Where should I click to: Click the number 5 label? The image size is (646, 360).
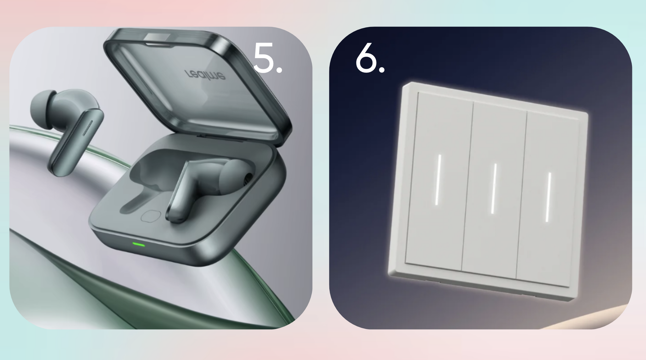click(x=267, y=59)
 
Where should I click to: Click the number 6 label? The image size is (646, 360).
click(x=370, y=59)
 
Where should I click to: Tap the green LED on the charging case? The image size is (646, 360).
click(x=138, y=244)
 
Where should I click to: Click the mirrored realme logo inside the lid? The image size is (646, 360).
click(x=205, y=75)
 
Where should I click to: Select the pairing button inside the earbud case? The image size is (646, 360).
click(x=150, y=216)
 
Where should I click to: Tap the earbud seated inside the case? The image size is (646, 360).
click(x=208, y=189)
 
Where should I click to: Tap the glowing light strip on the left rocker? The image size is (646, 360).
click(x=438, y=180)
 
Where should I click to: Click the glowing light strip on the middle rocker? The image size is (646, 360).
click(x=494, y=189)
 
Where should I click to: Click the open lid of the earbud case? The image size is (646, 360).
click(x=197, y=85)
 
